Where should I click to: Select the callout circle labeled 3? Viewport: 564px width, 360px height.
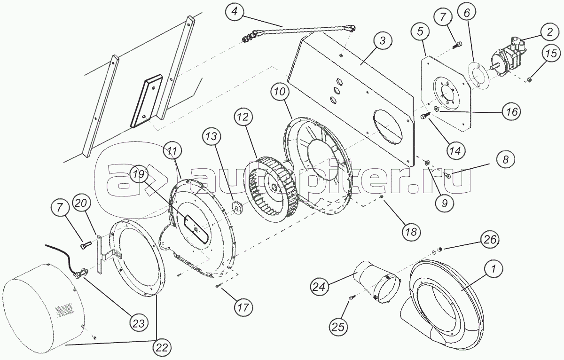pyautogui.click(x=383, y=41)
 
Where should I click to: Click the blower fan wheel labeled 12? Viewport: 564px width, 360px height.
pyautogui.click(x=273, y=190)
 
